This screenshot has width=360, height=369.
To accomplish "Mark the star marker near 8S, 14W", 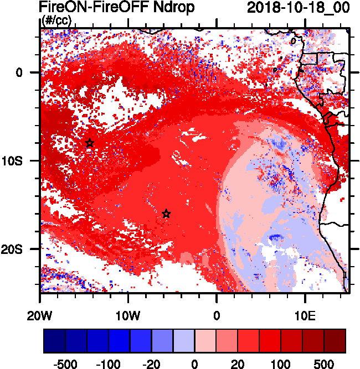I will point(90,143).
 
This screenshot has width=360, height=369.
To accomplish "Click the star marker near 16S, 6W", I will point(166,214).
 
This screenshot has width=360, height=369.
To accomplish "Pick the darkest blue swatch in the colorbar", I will point(54,341).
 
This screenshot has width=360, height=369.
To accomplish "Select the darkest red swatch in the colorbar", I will point(335,341).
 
